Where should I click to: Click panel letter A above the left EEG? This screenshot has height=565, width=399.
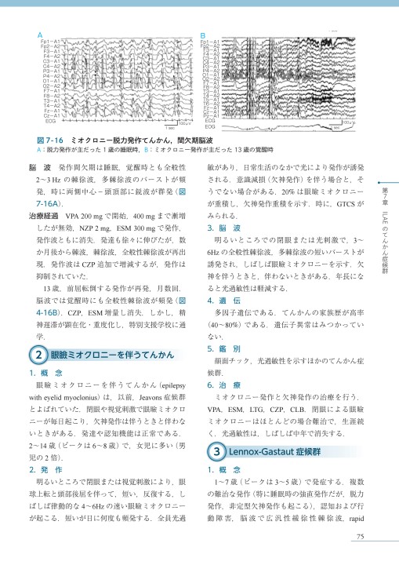click(x=37, y=35)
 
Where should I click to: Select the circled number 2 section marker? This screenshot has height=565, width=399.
click(x=39, y=312)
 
